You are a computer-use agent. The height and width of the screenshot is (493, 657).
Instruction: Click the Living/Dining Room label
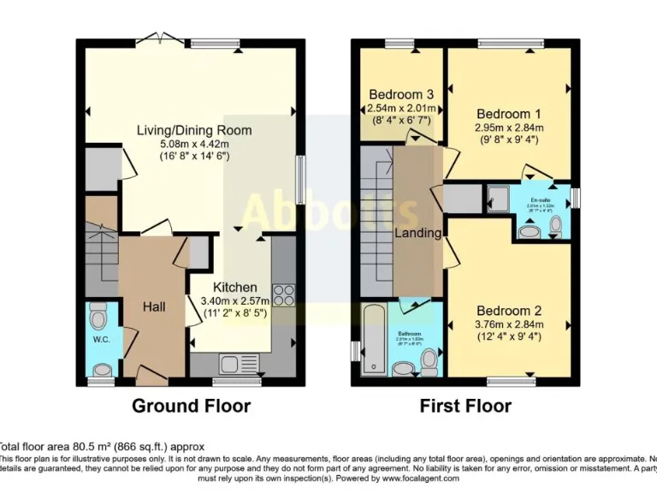[x=194, y=130]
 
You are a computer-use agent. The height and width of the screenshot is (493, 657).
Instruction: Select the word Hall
[x=155, y=306]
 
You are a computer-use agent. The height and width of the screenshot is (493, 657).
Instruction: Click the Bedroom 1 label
[x=508, y=114]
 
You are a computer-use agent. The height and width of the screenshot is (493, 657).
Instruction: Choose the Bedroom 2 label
[x=508, y=311]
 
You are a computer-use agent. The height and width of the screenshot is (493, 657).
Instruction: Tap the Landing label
[x=417, y=233]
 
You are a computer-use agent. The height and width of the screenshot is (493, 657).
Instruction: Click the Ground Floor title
[x=191, y=406]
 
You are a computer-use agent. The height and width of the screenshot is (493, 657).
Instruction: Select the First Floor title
[x=465, y=406]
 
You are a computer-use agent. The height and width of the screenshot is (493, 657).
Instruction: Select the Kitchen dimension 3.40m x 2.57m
[x=234, y=300]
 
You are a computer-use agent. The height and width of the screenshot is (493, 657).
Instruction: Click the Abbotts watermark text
[x=317, y=213]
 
